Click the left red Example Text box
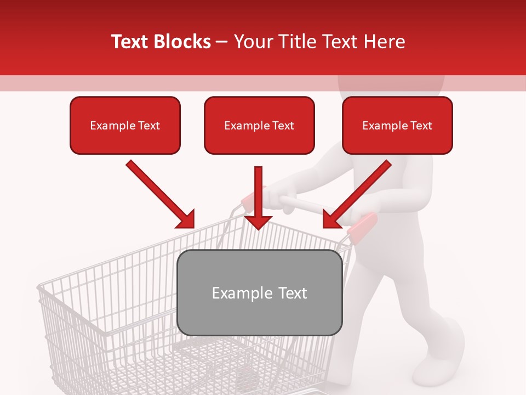(125, 126)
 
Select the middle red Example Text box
(259, 126)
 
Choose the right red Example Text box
(397, 126)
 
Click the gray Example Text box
(260, 293)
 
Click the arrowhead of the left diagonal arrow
(186, 219)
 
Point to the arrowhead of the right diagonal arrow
(331, 219)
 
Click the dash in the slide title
(222, 42)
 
